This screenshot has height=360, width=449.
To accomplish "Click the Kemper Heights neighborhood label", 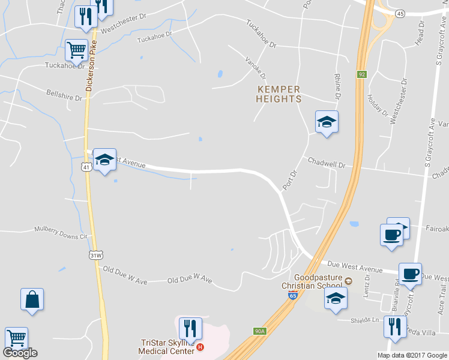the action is (278, 94).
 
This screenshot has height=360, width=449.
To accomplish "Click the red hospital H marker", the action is (200, 347).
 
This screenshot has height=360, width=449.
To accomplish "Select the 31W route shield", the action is (95, 256).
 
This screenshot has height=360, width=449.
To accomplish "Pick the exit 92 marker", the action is (361, 74).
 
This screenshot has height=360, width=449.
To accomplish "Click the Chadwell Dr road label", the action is (327, 162).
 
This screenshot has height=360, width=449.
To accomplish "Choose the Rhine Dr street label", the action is (338, 88).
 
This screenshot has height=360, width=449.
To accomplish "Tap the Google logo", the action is (20, 353).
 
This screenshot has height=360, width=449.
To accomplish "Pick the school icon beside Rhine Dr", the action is (327, 122).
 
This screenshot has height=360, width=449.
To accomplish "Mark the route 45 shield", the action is (400, 13).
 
